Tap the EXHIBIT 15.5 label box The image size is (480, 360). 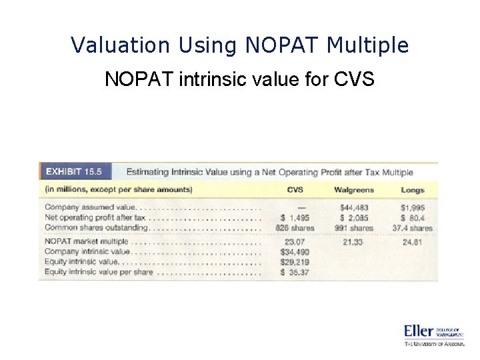74,171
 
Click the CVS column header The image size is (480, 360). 295,190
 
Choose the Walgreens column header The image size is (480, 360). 354,190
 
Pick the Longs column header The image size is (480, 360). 413,190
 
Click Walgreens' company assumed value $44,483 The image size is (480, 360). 354,208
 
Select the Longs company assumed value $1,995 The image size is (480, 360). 413,208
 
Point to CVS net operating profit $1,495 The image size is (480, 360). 295,218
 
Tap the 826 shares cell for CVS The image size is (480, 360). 295,228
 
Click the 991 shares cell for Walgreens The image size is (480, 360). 354,228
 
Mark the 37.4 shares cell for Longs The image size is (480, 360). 413,228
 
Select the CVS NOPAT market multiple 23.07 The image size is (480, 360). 295,241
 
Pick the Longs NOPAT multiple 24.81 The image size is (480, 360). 413,241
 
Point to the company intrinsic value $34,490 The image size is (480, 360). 295,252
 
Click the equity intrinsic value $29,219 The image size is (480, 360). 295,262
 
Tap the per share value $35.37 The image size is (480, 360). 295,272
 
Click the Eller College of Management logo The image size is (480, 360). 433,335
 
